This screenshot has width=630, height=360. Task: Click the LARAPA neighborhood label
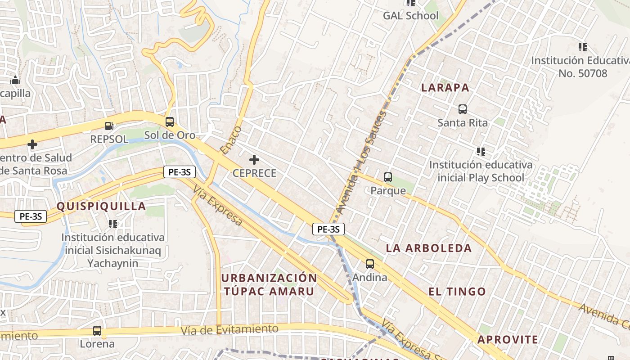pos(445,88)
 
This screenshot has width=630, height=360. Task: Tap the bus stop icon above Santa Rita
pos(462,109)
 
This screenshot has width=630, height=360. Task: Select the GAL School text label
pos(410,16)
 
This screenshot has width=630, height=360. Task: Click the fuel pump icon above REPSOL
pos(109,126)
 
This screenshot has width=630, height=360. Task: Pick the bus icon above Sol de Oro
pos(170,122)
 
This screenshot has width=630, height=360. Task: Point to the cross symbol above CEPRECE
pos(254,160)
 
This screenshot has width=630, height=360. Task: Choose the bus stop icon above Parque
pos(388,177)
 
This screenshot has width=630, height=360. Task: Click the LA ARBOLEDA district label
pos(429,248)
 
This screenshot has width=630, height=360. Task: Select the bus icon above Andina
pos(370,264)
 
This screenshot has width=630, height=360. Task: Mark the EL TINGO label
pos(457,292)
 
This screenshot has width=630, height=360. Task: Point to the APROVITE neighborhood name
pos(508,340)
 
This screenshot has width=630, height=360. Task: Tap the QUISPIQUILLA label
pos(101,207)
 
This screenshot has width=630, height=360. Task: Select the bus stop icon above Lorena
pos(97,331)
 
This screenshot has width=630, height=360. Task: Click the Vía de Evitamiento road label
pos(230,330)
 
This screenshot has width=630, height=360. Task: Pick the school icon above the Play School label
pos(481,152)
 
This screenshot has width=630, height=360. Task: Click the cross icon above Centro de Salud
pos(32,145)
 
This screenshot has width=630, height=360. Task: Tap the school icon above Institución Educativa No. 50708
pos(583,47)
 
